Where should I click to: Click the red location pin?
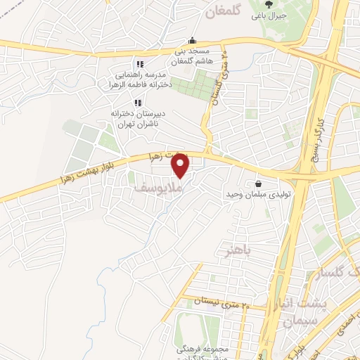tap(181, 167)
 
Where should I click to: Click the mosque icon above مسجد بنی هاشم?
tap(192, 41)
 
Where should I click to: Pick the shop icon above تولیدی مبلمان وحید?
tap(259, 184)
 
